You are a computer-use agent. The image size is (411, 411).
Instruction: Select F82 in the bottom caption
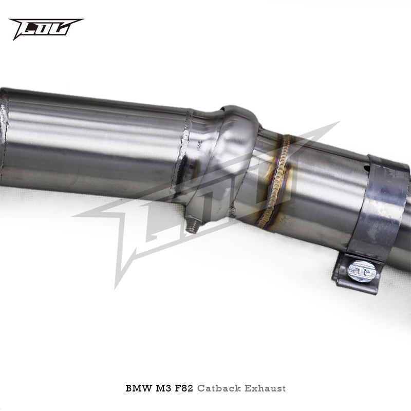(184, 388)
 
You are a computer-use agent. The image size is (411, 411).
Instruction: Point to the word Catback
(219, 388)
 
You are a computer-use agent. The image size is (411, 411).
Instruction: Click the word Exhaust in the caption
(265, 388)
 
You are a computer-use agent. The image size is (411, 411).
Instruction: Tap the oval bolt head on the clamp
(362, 272)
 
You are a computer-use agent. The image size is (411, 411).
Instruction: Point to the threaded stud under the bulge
(192, 226)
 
